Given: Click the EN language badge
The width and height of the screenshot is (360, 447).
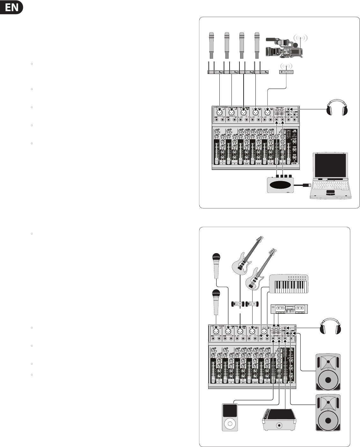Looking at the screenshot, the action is (12, 7).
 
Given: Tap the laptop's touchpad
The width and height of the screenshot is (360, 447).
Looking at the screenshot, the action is (330, 193).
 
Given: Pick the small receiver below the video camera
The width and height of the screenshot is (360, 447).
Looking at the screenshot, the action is (287, 71).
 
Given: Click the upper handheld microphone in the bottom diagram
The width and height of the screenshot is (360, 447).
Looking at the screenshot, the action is (217, 265).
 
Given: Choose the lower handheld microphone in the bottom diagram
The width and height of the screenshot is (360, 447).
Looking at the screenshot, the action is (217, 301).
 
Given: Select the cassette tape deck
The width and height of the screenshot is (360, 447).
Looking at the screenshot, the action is (289, 309).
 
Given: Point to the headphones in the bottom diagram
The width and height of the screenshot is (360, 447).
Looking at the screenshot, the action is (331, 326).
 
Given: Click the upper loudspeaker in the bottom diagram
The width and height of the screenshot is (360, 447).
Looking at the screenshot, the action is (328, 371).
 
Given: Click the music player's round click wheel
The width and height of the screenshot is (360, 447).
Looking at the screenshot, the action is (230, 424).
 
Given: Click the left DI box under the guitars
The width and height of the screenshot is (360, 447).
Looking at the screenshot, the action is (238, 304).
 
